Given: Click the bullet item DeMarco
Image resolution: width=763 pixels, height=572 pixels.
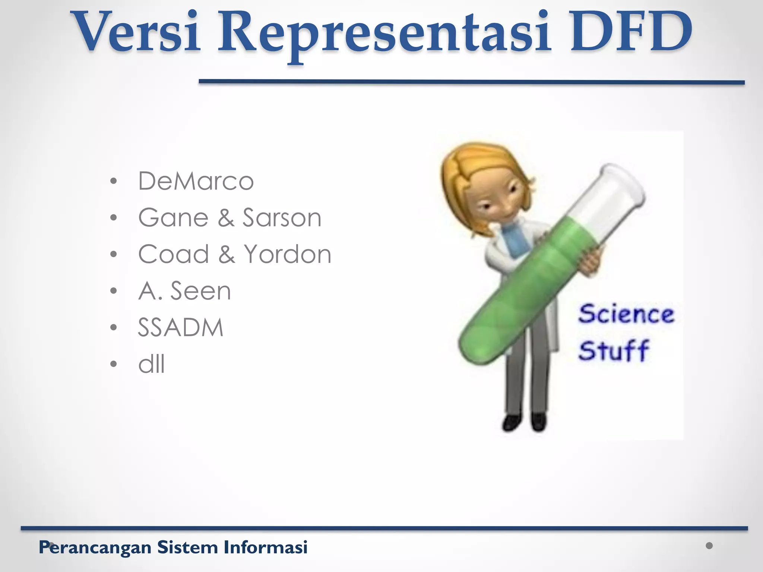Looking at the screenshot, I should click(x=196, y=181).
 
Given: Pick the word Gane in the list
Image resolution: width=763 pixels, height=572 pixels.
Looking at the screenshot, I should click(x=173, y=218).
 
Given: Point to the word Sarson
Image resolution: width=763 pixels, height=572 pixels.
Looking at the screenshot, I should click(x=282, y=218).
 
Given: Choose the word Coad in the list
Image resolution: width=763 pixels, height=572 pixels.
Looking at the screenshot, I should click(x=174, y=254).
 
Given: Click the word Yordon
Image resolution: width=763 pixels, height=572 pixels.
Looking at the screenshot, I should click(x=287, y=254).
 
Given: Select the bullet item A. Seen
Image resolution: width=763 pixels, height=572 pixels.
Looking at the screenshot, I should click(x=185, y=291).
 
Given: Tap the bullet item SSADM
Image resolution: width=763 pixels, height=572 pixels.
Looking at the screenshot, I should click(x=181, y=328).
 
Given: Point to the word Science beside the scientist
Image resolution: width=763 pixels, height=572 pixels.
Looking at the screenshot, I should click(x=626, y=314).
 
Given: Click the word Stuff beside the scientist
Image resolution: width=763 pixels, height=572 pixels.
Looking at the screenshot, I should click(x=614, y=350).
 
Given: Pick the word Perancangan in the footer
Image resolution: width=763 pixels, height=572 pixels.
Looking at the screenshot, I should click(x=95, y=547).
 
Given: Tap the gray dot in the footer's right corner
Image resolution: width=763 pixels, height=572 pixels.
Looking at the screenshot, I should click(x=709, y=546).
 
